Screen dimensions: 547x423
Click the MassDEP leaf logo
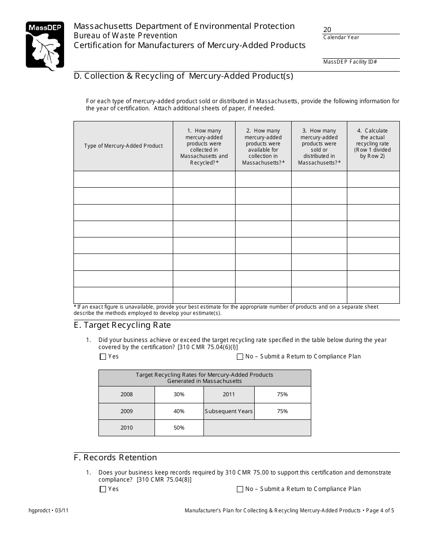45,46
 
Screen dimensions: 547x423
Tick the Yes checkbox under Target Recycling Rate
103,357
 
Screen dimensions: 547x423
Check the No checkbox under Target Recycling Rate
240,357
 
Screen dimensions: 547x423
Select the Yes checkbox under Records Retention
103,489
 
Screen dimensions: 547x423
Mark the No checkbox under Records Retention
240,489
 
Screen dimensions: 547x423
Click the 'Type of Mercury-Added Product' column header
123,146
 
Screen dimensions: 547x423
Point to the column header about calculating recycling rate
373,143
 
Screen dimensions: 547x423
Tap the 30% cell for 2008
179,394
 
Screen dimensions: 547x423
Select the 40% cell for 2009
179,411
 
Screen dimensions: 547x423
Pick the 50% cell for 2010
179,428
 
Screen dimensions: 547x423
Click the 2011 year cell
229,394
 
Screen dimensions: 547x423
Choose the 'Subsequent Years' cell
229,411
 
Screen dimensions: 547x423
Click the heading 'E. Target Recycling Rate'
122,325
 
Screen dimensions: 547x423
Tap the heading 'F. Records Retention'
115,458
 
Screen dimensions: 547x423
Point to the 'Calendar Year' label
341,37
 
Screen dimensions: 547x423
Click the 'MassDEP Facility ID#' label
350,62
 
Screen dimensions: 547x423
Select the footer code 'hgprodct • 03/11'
49,511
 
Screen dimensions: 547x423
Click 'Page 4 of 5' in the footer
380,511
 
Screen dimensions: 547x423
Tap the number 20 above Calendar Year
327,30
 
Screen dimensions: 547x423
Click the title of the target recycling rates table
204,378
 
